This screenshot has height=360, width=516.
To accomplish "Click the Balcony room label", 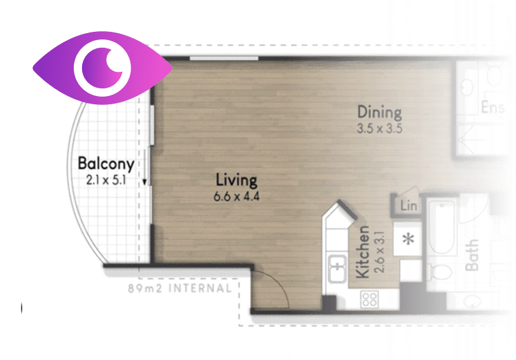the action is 106,164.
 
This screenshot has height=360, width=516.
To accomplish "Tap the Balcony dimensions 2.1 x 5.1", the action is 106,181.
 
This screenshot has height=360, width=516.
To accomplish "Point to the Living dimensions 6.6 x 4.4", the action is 236,197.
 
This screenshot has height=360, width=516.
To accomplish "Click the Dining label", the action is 379,113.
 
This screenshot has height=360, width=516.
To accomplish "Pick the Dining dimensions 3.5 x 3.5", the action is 379,128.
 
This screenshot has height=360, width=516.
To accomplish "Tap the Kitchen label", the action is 363,252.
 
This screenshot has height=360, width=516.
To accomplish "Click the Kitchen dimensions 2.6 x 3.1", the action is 380,252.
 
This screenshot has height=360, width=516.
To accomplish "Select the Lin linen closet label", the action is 408,206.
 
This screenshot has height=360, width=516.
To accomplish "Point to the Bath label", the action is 471,255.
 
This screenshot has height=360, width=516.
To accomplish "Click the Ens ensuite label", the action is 492,107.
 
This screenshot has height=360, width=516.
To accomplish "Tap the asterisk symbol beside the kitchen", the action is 408,239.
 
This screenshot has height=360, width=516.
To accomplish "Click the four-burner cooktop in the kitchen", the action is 370,299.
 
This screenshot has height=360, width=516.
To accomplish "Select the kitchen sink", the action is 338,268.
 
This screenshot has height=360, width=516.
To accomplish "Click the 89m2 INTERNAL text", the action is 179,289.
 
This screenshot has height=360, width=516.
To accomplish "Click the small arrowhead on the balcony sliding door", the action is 144,181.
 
